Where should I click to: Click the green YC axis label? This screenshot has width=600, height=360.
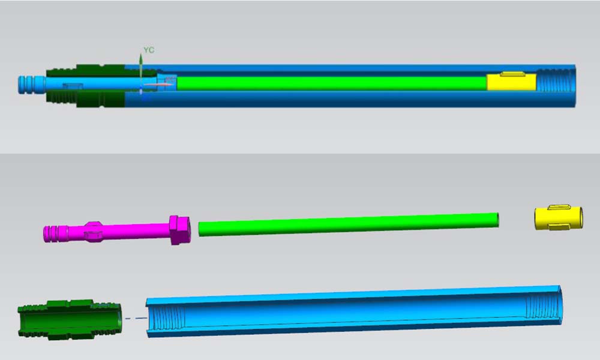pos(149,50)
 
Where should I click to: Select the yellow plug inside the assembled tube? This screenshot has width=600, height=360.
pos(511,82)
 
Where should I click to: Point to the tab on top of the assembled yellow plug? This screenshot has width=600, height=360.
pos(512,74)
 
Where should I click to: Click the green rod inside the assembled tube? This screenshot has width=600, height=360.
pos(332,83)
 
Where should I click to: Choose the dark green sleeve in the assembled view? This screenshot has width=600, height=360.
pos(86,86)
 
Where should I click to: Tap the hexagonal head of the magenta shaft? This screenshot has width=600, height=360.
pos(179,230)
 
